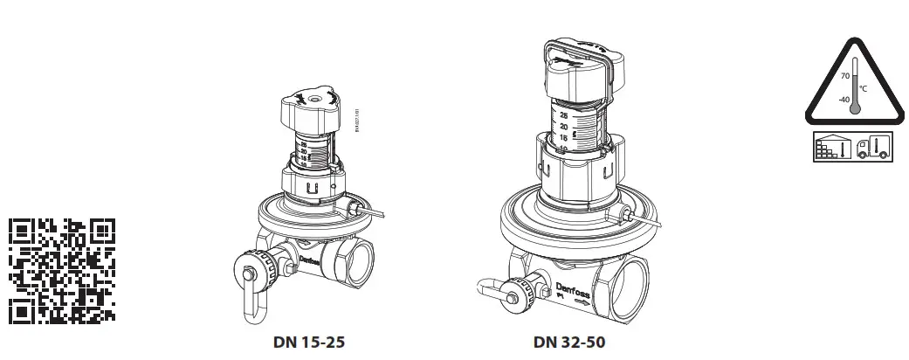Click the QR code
(x=61, y=269)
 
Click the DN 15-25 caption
(x=308, y=342)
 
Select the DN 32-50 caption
(x=568, y=342)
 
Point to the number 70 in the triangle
(x=844, y=77)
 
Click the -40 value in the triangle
(x=843, y=100)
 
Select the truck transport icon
(x=873, y=146)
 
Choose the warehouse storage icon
(x=834, y=146)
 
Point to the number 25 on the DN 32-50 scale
(x=564, y=114)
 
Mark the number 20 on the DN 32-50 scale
(x=564, y=127)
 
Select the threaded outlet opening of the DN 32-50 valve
(x=628, y=283)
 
